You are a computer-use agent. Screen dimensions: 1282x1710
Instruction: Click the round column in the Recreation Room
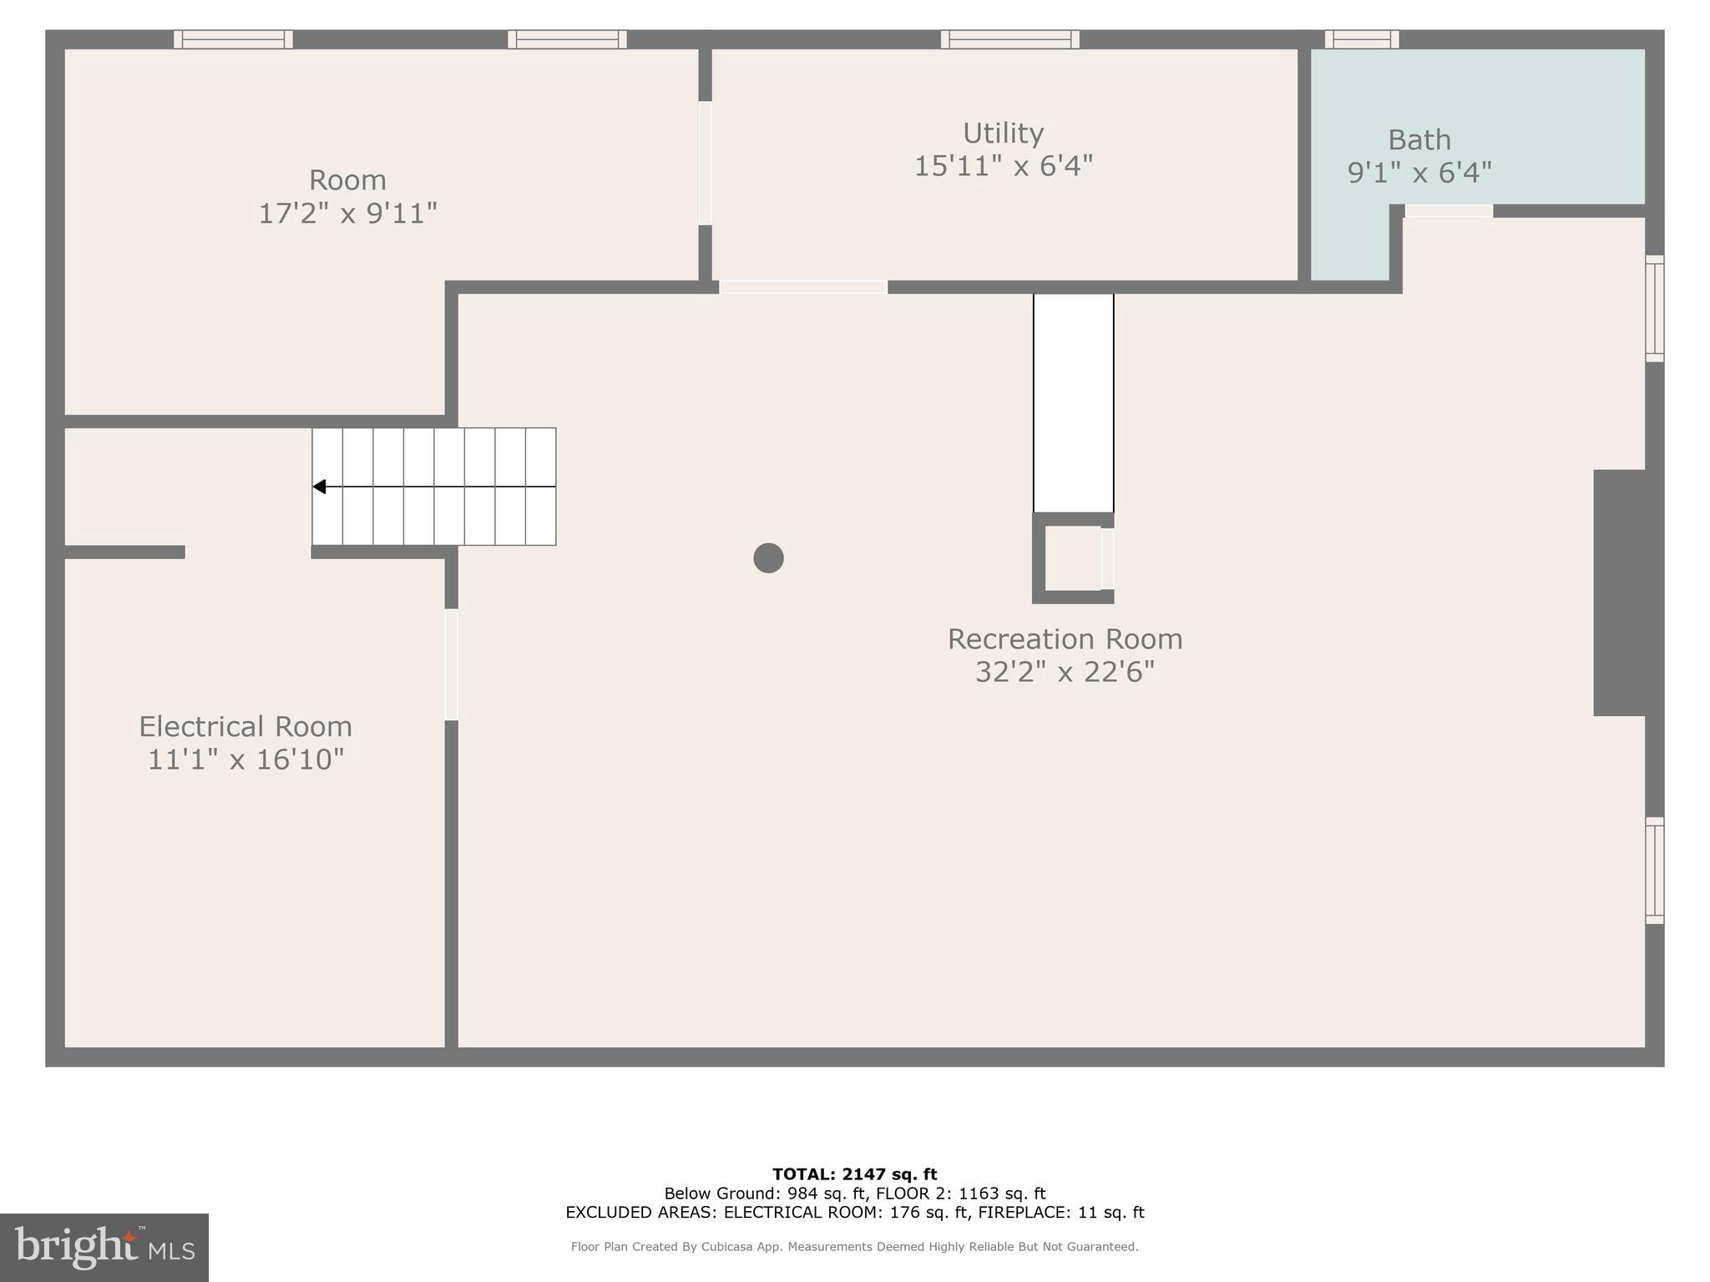click(x=768, y=558)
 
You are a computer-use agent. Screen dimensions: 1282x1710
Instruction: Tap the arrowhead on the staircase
click(x=319, y=487)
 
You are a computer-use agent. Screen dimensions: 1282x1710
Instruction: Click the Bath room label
click(x=1419, y=139)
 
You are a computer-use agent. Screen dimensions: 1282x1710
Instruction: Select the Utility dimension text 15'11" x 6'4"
click(x=1003, y=166)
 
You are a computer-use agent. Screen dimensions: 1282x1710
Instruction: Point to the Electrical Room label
click(x=245, y=726)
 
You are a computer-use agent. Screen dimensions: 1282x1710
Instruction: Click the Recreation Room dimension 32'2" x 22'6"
click(x=1065, y=671)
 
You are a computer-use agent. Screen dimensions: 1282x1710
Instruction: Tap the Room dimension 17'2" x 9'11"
click(x=347, y=213)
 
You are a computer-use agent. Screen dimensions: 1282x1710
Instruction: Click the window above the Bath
click(x=1361, y=39)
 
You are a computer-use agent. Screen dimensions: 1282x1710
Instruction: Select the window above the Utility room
click(x=1009, y=39)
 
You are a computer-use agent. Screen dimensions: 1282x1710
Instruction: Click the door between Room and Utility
click(x=705, y=163)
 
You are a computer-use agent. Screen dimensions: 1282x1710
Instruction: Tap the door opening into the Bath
click(x=1449, y=211)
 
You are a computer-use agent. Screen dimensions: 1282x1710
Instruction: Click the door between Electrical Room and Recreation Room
click(x=451, y=664)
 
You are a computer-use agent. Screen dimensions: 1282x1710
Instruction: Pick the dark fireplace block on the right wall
click(x=1619, y=593)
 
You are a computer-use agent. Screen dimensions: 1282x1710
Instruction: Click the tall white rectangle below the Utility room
click(x=1073, y=402)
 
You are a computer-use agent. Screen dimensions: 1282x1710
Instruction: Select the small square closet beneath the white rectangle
click(x=1073, y=558)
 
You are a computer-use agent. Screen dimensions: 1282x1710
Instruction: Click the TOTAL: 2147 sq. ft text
click(x=854, y=1174)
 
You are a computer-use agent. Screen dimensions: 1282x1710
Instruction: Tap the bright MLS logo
click(x=104, y=1248)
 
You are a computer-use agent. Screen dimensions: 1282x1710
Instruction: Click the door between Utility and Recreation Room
click(x=802, y=287)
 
